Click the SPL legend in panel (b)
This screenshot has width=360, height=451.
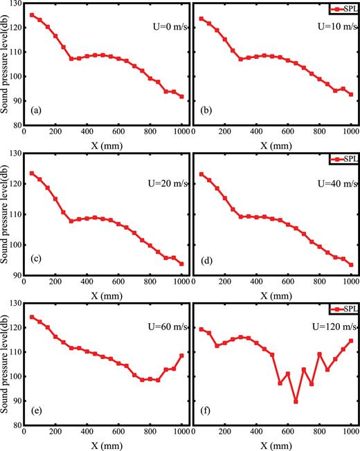343,8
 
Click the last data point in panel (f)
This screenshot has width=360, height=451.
351,340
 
